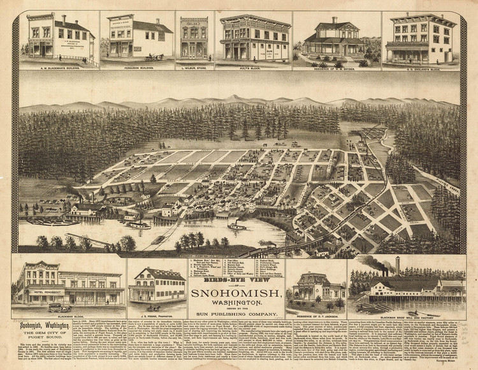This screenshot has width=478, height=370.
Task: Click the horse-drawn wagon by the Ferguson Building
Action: pos(154,57)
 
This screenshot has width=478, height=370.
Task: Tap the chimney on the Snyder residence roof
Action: pos(334,21)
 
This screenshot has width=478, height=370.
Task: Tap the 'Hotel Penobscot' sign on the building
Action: pos(43,292)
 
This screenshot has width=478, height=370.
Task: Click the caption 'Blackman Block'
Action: pos(69,315)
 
